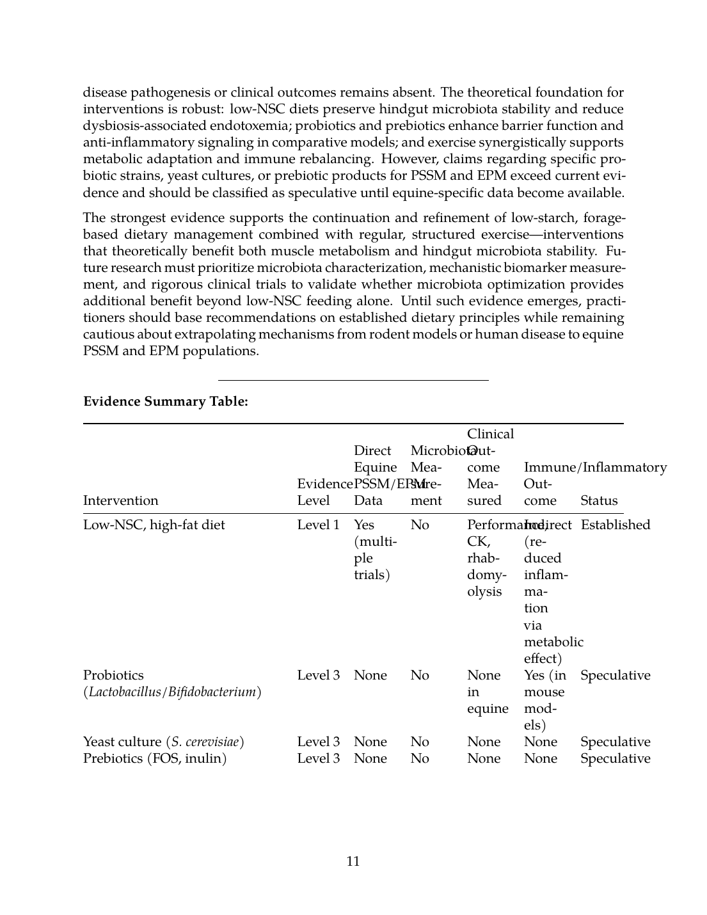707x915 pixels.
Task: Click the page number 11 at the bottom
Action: tap(353, 861)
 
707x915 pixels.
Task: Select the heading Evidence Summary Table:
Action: tap(166, 402)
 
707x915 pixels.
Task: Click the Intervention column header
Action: tap(121, 500)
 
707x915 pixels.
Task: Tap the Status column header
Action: tap(599, 500)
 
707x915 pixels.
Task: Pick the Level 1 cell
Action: tap(318, 525)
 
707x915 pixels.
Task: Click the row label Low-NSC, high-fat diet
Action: tap(154, 525)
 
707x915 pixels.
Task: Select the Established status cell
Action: tap(615, 525)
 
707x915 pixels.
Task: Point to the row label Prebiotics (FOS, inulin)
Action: tap(155, 759)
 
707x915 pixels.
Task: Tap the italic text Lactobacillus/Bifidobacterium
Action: tap(173, 692)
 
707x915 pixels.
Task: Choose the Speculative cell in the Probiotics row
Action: tap(615, 676)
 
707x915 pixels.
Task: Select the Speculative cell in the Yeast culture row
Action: tap(615, 742)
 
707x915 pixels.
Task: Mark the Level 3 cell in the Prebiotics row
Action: tap(318, 759)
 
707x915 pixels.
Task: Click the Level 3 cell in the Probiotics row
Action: tap(318, 676)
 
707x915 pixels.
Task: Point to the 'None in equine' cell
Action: tap(487, 692)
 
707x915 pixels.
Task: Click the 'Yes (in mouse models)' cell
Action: tap(544, 700)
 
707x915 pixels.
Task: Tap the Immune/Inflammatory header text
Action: tap(595, 468)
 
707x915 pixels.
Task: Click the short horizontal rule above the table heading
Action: tap(353, 380)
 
